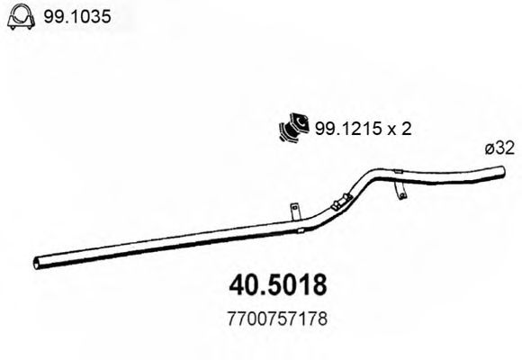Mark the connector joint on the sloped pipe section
click(x=338, y=203)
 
